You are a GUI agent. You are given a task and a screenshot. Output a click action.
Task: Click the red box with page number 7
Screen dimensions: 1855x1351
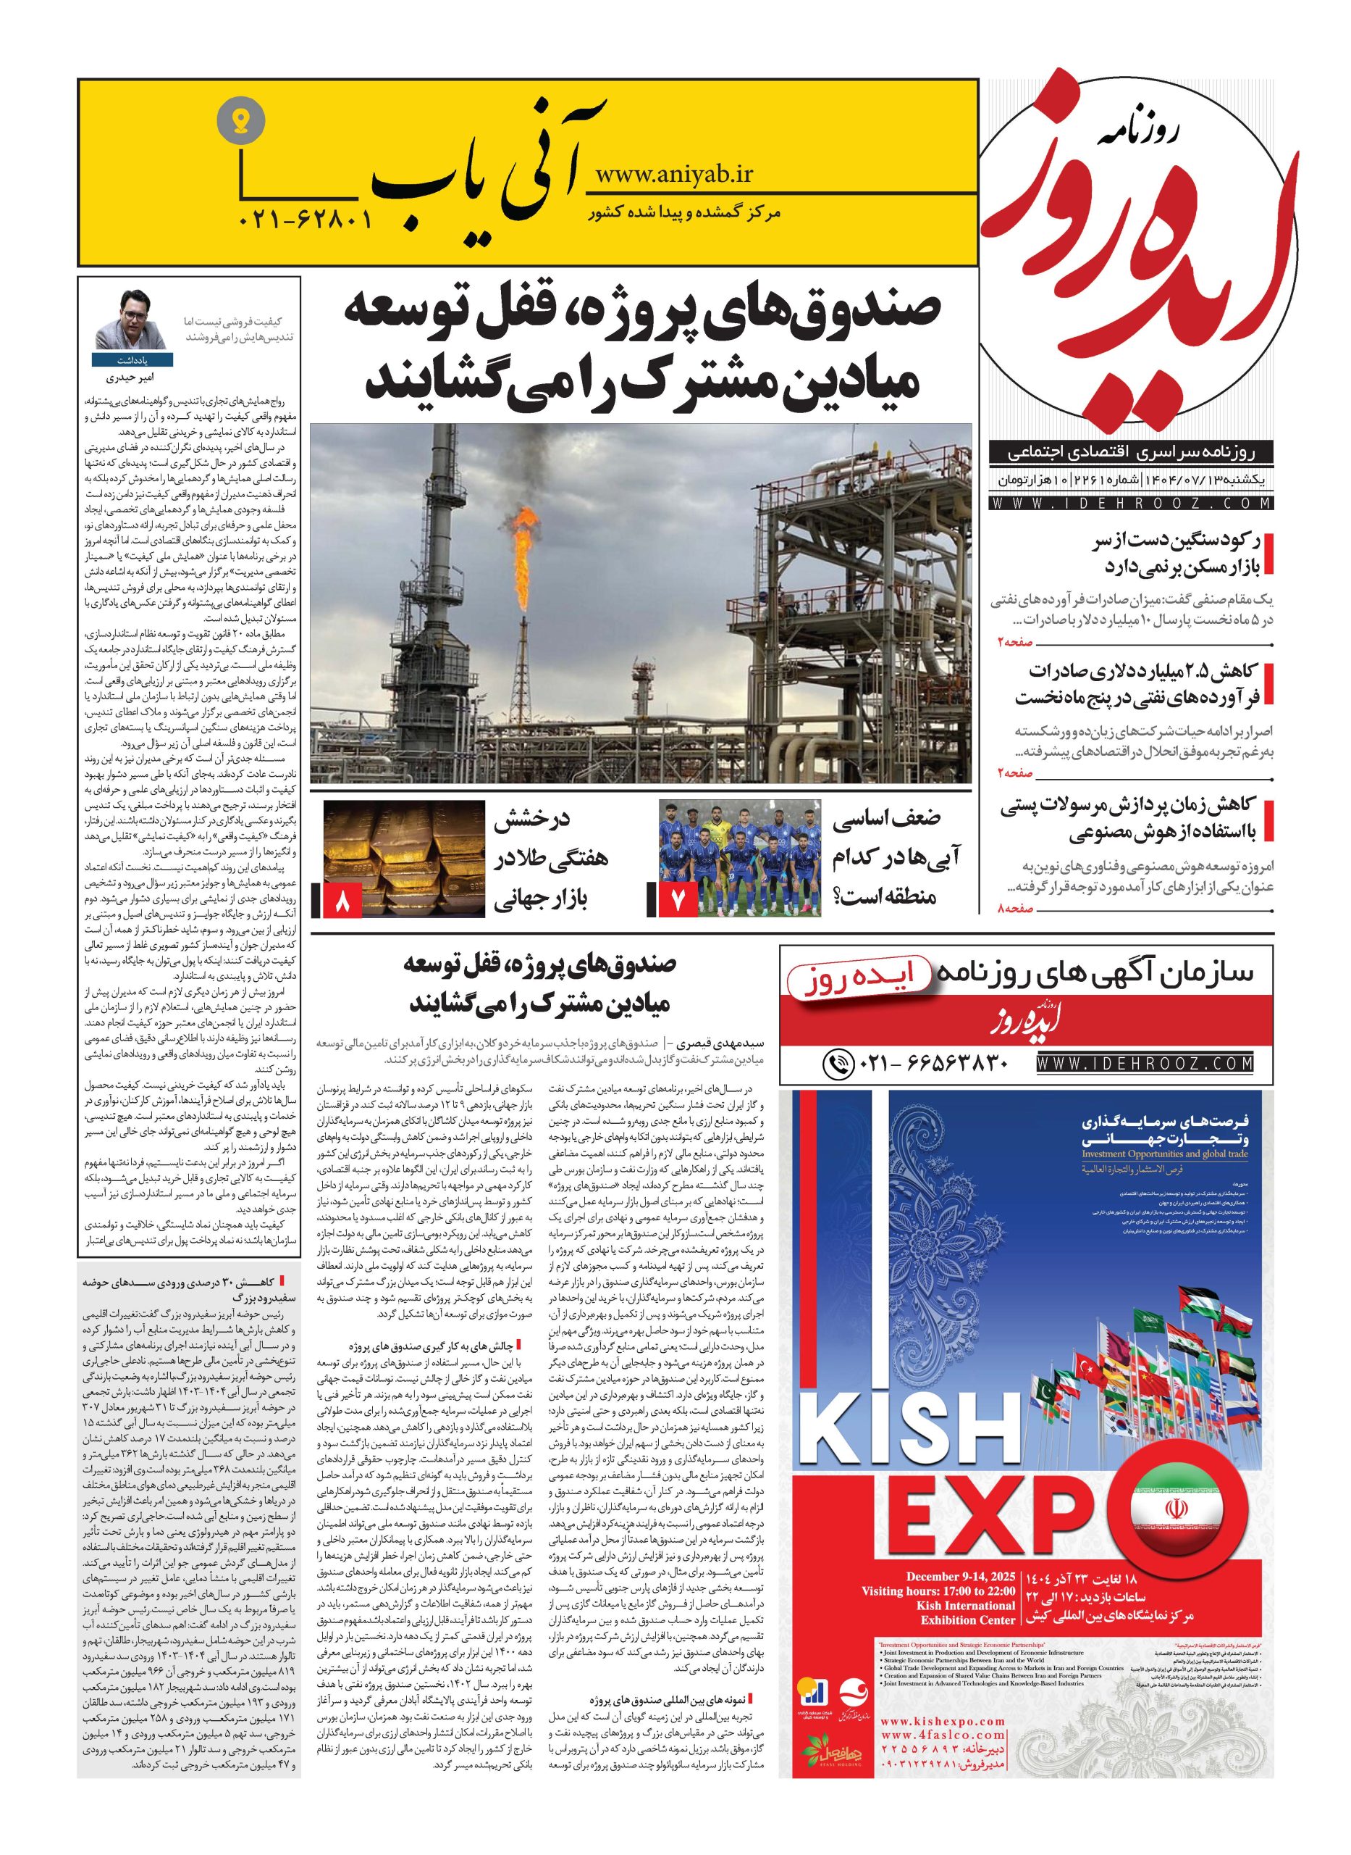click(677, 901)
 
